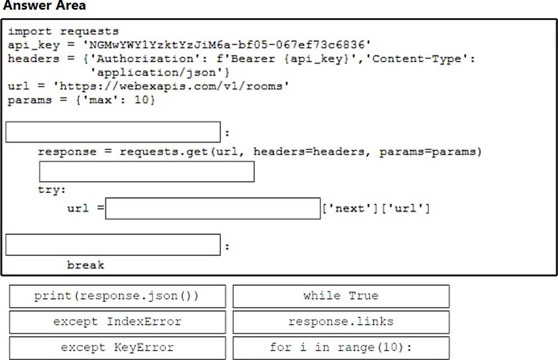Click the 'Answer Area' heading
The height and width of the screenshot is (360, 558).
(44, 6)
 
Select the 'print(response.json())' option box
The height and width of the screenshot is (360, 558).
(117, 296)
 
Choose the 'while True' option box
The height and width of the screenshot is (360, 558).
(341, 296)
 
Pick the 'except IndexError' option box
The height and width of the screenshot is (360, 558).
(117, 322)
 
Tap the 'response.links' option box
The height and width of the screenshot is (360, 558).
(341, 322)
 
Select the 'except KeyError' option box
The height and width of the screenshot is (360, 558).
(117, 347)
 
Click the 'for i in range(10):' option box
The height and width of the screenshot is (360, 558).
(341, 347)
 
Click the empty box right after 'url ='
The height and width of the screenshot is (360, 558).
(213, 208)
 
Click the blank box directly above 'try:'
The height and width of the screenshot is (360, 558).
(147, 171)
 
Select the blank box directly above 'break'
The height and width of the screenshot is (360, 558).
(113, 245)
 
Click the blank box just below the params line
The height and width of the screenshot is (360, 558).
(113, 132)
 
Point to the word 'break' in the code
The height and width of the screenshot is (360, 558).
(85, 265)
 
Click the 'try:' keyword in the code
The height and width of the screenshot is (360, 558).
(52, 189)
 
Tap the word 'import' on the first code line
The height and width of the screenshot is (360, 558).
(29, 31)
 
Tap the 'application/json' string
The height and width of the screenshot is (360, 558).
(163, 72)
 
